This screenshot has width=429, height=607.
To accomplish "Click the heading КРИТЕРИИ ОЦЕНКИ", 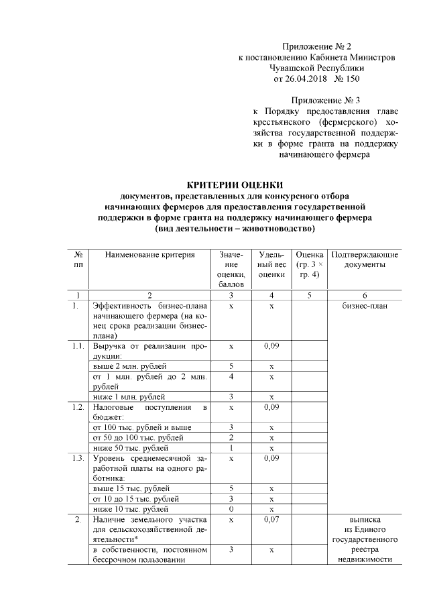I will (234, 185).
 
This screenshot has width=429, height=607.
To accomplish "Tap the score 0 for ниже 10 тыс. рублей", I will (231, 508).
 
